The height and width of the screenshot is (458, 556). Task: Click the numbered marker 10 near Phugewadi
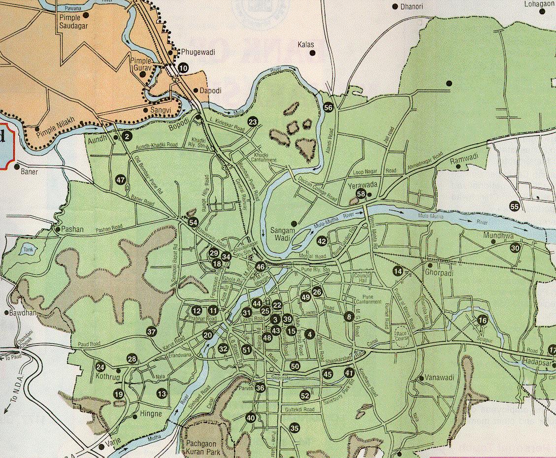pos(183,68)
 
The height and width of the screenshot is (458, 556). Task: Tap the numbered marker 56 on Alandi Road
pos(328,107)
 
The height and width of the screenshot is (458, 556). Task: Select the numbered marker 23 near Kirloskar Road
pos(253,122)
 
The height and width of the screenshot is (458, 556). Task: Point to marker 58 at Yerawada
pos(361,194)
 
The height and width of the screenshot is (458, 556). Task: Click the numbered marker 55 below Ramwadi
pos(515,206)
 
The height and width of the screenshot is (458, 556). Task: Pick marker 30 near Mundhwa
pos(515,248)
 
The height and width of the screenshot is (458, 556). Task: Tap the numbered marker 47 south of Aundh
pos(121,180)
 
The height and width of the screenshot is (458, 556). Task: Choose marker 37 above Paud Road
pos(152,331)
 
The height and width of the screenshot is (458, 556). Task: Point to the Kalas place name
pos(306,45)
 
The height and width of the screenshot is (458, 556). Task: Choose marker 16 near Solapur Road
pos(483,321)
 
